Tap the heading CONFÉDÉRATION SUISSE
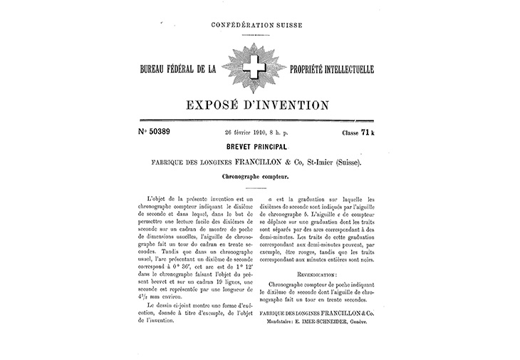[257, 26]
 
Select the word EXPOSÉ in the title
[217, 106]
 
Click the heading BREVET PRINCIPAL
[258, 148]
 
